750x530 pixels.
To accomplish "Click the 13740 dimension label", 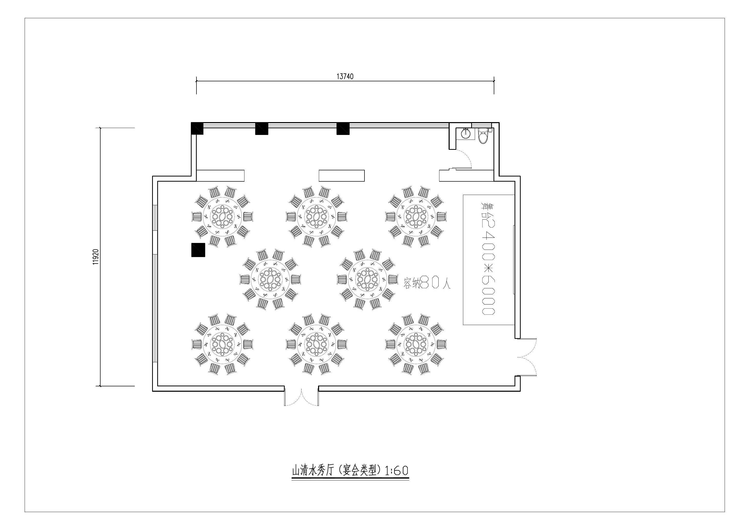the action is (x=345, y=76).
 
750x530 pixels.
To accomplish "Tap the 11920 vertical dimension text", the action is (x=96, y=257).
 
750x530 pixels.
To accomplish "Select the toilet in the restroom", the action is (x=482, y=136).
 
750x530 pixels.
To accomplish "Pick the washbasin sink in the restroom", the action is (x=465, y=133).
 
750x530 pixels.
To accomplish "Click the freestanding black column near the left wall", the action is (x=198, y=250).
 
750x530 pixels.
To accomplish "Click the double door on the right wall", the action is (x=526, y=357).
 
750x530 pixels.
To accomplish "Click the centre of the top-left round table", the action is (x=222, y=217).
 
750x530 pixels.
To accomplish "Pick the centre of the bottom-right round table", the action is (x=416, y=345).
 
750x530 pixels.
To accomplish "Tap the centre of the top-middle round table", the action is (x=316, y=217).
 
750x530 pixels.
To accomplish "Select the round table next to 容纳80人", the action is (x=368, y=280).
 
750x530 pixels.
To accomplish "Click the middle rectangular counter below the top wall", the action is (x=342, y=175).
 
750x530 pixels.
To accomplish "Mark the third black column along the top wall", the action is (x=343, y=129).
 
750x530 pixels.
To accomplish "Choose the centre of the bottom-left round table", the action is (x=222, y=345).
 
